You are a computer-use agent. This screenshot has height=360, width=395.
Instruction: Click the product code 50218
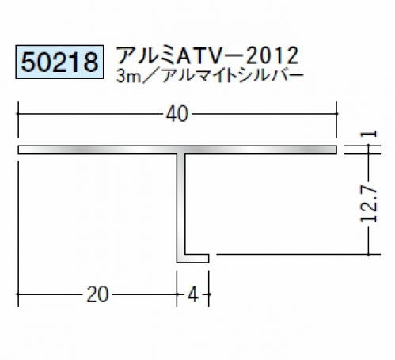(59, 63)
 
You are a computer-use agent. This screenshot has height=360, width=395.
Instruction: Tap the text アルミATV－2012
(207, 55)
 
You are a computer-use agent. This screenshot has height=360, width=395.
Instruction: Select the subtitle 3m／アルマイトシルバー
(210, 76)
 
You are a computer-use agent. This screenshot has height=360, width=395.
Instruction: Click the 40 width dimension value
(177, 114)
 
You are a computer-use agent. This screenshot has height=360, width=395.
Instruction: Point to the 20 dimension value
(97, 294)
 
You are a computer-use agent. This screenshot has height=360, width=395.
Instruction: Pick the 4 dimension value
(193, 294)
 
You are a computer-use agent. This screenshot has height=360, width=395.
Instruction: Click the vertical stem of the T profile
(180, 204)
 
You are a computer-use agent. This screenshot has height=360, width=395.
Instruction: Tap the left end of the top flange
(18, 150)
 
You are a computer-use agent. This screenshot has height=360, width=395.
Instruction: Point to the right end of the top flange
(336, 150)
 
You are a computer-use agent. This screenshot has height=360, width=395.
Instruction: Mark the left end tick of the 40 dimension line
(18, 114)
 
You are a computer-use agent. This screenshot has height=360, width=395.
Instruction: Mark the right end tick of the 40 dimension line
(336, 114)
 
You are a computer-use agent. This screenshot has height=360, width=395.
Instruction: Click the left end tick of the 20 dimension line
(18, 294)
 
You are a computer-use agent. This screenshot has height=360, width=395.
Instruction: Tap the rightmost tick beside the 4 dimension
(209, 294)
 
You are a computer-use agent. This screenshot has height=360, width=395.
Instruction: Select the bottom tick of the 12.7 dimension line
(368, 255)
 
